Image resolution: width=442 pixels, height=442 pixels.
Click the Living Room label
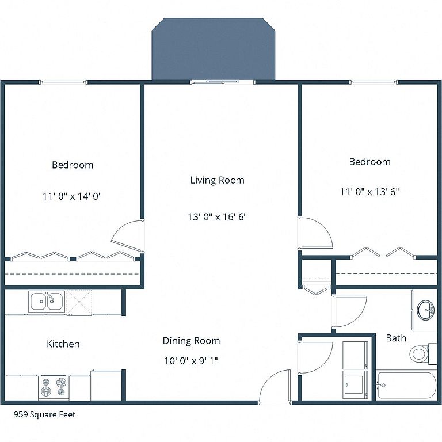pos(217,180)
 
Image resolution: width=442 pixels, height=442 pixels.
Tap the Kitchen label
pos(63,344)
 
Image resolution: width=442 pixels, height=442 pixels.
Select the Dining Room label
pos(192,341)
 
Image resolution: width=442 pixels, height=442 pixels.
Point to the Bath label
pos(396,338)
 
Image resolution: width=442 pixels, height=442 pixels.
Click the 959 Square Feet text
pos(44,414)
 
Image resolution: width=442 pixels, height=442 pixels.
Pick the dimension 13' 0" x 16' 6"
pos(218,217)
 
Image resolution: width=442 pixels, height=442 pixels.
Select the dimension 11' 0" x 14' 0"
pos(72,196)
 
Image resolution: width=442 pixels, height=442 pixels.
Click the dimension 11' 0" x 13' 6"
pos(369,192)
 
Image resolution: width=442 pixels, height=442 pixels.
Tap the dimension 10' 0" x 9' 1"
pos(191,360)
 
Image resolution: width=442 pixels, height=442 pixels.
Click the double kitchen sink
pos(47,302)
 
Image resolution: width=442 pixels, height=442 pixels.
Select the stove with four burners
pos(54,387)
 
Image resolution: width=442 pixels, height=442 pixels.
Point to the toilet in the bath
pos(420,354)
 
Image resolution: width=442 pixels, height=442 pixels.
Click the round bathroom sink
pos(426,310)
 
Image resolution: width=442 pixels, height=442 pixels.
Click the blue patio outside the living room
pos(214,49)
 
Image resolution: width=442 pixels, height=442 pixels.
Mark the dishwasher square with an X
pos(79,302)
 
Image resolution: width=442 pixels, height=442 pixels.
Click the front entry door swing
pos(275,386)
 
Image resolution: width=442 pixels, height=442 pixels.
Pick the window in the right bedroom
pos(375,82)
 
